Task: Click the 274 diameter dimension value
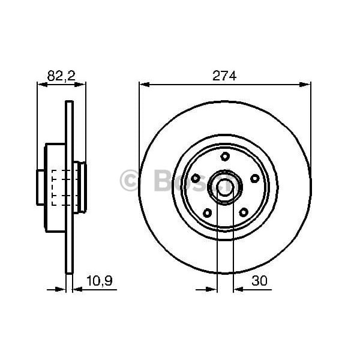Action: tap(225, 76)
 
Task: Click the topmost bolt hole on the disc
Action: tap(225, 157)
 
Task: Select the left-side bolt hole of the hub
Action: tap(196, 178)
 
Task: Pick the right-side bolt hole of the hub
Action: tap(254, 178)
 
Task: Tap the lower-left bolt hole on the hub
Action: tap(207, 212)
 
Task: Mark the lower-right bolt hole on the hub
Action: tap(243, 212)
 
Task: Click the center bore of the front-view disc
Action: tap(225, 187)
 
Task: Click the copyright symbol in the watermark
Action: tap(129, 181)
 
